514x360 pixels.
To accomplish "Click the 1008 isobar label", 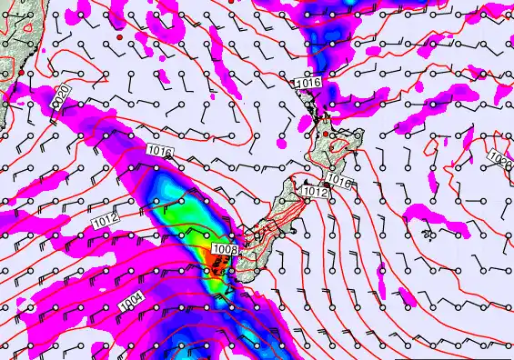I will pos(225,248).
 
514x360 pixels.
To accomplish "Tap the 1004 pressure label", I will pos(131,299).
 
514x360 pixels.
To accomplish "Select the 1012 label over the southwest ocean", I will pos(105,219).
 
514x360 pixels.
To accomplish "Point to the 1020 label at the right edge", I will pos(501,158).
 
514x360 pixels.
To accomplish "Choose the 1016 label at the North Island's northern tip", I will pos(309,83).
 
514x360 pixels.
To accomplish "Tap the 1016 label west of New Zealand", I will pos(158,151).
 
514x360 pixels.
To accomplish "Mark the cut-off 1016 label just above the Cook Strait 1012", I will pos(339,181).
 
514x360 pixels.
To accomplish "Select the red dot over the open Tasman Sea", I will pos(119,39).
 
